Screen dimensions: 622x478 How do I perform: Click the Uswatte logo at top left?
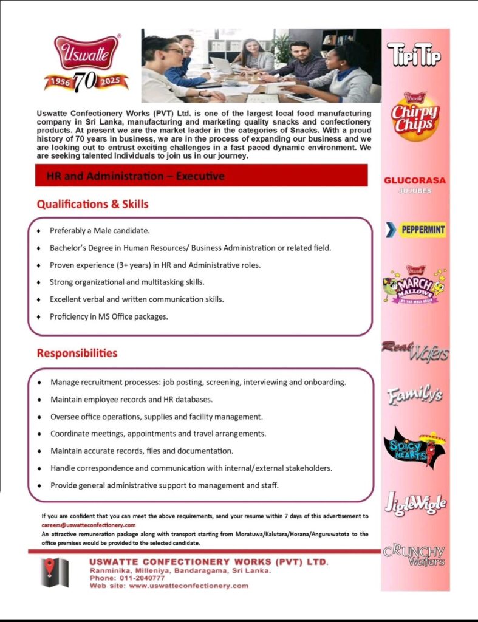click(86, 63)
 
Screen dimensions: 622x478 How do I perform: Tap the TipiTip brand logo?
click(414, 54)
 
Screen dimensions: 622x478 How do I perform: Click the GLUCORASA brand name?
click(415, 180)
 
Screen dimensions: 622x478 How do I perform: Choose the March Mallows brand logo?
click(414, 285)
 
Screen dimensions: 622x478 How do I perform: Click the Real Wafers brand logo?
click(415, 350)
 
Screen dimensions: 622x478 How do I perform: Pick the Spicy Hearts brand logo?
click(415, 448)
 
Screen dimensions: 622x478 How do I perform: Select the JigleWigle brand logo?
click(415, 504)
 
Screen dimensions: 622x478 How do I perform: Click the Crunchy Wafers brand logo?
click(414, 555)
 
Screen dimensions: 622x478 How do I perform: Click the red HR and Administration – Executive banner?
click(201, 176)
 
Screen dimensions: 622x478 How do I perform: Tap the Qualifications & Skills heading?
click(92, 204)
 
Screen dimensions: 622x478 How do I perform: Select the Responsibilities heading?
click(77, 353)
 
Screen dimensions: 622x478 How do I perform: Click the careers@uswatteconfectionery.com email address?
click(89, 525)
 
